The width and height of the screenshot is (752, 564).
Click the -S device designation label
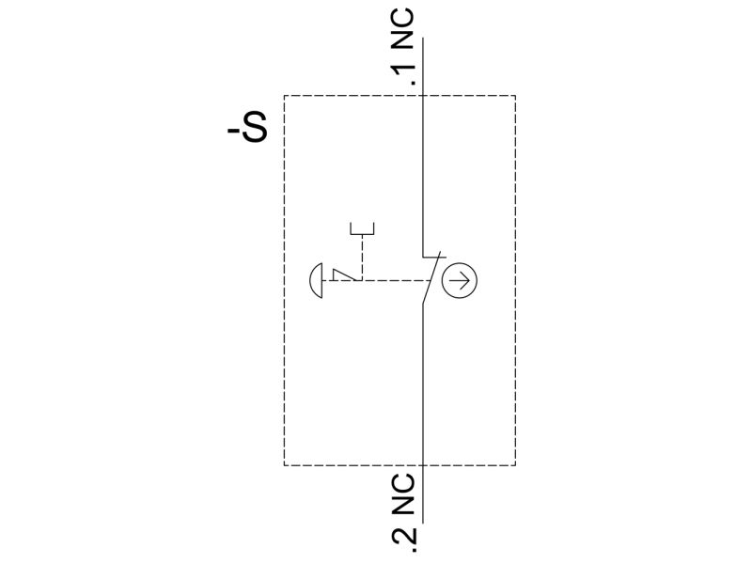[247, 128]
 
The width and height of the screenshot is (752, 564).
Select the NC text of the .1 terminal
[403, 30]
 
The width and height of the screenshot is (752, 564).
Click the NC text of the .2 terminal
[403, 494]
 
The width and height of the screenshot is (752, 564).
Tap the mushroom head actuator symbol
[317, 280]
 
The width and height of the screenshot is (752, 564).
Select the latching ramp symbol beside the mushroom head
[344, 274]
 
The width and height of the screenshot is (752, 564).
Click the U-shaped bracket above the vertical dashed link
[363, 229]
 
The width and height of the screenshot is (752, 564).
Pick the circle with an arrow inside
[460, 280]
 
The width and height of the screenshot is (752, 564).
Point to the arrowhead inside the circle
[466, 280]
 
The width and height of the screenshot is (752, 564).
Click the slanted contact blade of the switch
[431, 279]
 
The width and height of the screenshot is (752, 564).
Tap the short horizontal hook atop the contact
[434, 257]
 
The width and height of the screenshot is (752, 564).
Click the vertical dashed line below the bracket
[363, 258]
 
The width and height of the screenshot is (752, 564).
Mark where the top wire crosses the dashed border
[422, 96]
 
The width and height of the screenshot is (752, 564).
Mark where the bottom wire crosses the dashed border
[422, 465]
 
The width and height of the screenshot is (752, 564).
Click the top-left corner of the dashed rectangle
[285, 96]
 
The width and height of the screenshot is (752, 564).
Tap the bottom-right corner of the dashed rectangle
[515, 465]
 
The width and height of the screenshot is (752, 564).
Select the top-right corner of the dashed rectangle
[515, 96]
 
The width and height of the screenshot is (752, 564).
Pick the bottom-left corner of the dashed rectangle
[285, 465]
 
